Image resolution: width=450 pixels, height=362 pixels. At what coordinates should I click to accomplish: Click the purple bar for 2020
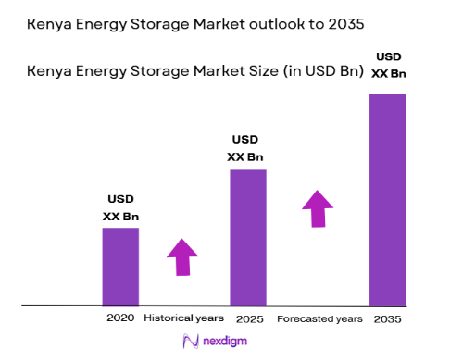[x=120, y=266]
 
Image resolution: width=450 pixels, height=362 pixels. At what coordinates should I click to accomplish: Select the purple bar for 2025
[x=247, y=237]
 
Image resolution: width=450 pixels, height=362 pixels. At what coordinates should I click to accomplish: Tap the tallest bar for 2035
[x=388, y=199]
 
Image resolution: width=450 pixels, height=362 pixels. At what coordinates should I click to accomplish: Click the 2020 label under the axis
[x=120, y=318]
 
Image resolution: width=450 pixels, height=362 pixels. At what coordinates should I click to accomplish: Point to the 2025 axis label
[x=248, y=318]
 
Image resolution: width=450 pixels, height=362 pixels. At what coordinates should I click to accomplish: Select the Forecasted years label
[x=319, y=318]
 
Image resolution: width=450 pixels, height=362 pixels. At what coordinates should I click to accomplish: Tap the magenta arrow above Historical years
[x=182, y=256]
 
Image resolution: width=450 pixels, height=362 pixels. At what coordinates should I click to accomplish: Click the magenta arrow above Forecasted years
[x=318, y=208]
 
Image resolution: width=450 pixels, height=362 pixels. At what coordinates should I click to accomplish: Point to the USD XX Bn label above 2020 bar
[x=120, y=207]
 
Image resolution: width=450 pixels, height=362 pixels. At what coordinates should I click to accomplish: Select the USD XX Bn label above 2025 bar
[x=246, y=148]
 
